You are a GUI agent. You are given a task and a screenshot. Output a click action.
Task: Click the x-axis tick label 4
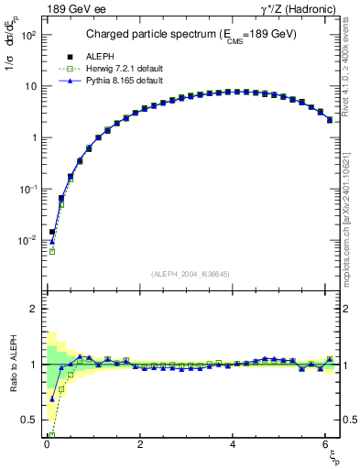[x=234, y=444]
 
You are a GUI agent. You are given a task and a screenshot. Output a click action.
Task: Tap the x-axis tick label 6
[x=327, y=444]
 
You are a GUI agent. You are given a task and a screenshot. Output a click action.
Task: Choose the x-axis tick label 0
[x=47, y=444]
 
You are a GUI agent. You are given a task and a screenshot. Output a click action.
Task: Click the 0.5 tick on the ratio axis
[x=30, y=420]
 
